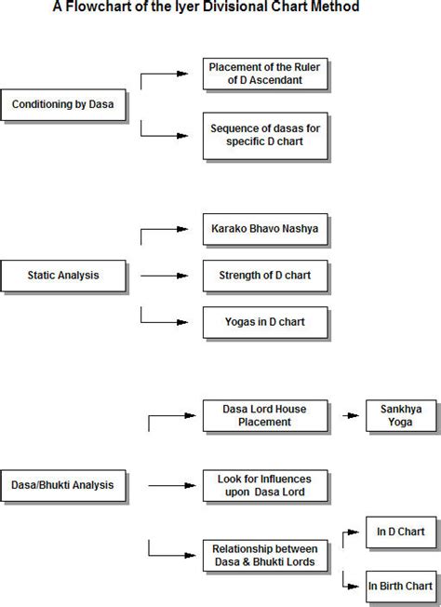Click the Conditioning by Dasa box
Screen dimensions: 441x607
(63, 105)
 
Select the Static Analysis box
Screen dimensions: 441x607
(63, 276)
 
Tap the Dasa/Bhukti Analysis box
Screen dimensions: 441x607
(63, 485)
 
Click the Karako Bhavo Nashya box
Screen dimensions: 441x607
(265, 229)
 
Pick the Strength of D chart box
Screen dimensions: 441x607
(265, 276)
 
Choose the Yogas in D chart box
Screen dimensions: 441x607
(265, 322)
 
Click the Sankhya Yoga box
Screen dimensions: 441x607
(401, 416)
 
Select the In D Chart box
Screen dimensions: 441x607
(401, 533)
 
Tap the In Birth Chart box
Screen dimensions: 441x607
(401, 587)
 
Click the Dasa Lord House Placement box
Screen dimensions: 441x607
(265, 416)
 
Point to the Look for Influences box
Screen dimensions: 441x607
(265, 485)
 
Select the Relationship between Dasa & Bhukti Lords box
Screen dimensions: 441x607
(265, 556)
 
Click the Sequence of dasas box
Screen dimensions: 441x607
(265, 136)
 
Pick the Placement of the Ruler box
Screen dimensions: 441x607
(265, 74)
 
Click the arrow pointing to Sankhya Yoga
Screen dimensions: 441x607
(351, 416)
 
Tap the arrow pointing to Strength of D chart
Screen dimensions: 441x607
(165, 276)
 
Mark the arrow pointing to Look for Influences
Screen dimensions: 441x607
(172, 485)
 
